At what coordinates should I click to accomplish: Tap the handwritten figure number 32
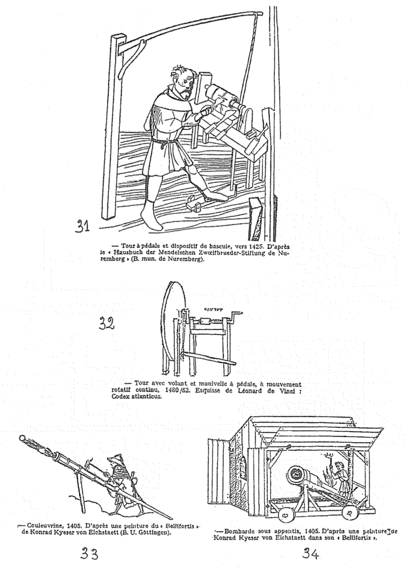click(106, 324)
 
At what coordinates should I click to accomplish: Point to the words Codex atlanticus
click(131, 397)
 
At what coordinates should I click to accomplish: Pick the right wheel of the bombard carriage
click(350, 513)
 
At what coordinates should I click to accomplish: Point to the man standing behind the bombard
click(340, 478)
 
